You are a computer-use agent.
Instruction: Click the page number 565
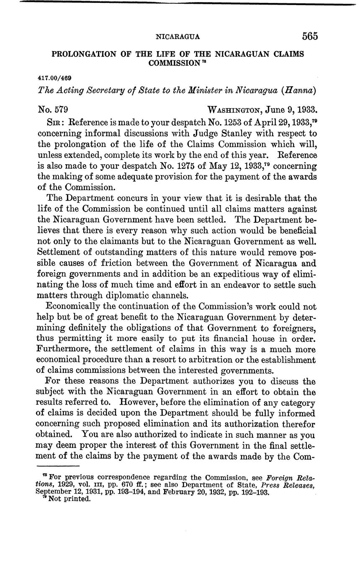pos(310,36)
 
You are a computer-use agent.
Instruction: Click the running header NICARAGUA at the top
pos(177,37)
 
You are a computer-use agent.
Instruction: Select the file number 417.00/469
pos(54,78)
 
